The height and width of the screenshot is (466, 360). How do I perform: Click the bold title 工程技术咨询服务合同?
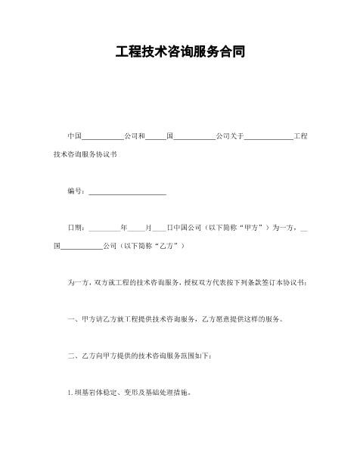[x=180, y=53]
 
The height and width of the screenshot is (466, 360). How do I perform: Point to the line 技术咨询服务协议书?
[x=85, y=154]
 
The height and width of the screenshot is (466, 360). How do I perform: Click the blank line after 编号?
[x=127, y=193]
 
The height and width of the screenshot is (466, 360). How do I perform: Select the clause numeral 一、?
[x=72, y=319]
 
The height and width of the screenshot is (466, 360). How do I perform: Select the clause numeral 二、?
[x=72, y=356]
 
